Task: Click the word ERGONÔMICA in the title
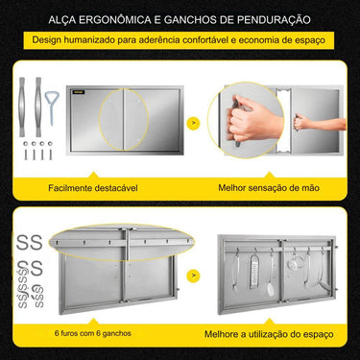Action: [x=105, y=17]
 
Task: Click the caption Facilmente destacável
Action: [x=93, y=189]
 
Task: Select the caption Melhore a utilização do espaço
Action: [x=270, y=332]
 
